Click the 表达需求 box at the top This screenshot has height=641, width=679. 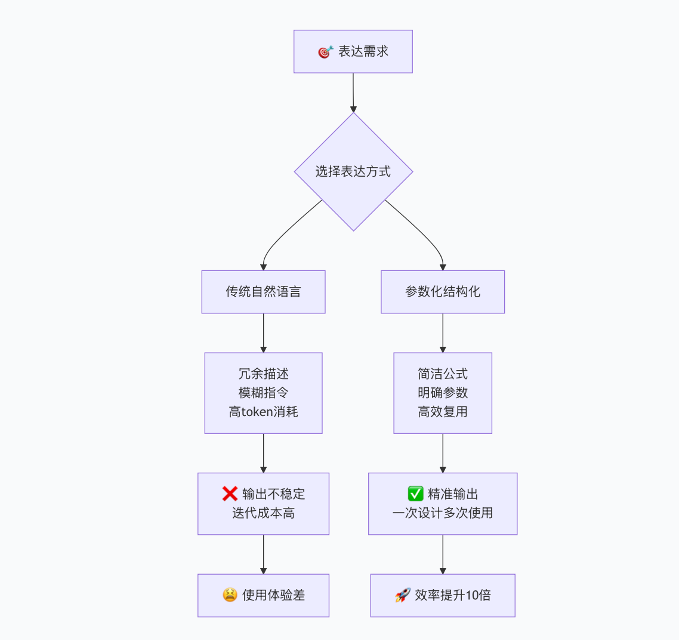point(353,52)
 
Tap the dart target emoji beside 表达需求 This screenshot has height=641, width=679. point(325,52)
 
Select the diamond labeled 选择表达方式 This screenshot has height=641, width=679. point(353,172)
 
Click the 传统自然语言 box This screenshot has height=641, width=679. point(263,292)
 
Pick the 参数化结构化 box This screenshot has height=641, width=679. point(443,292)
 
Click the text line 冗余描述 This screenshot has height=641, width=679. point(263,374)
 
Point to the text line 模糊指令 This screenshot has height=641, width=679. point(263,393)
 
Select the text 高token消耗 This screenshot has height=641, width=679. point(263,412)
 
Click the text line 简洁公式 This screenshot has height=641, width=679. point(443,374)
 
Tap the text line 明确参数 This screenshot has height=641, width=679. point(443,393)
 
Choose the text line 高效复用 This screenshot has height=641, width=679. point(443,412)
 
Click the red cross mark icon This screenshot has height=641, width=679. point(230,494)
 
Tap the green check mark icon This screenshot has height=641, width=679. point(415,494)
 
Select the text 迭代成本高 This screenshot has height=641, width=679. point(263,513)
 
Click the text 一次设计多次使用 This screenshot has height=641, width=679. point(443,513)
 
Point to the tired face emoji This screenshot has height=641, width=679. point(230,595)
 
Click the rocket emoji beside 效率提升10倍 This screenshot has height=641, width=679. point(403,595)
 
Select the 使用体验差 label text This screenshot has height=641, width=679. point(273,595)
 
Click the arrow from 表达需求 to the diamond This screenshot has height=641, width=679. point(353,93)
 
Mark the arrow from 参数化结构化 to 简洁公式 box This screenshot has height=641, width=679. point(443,332)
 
